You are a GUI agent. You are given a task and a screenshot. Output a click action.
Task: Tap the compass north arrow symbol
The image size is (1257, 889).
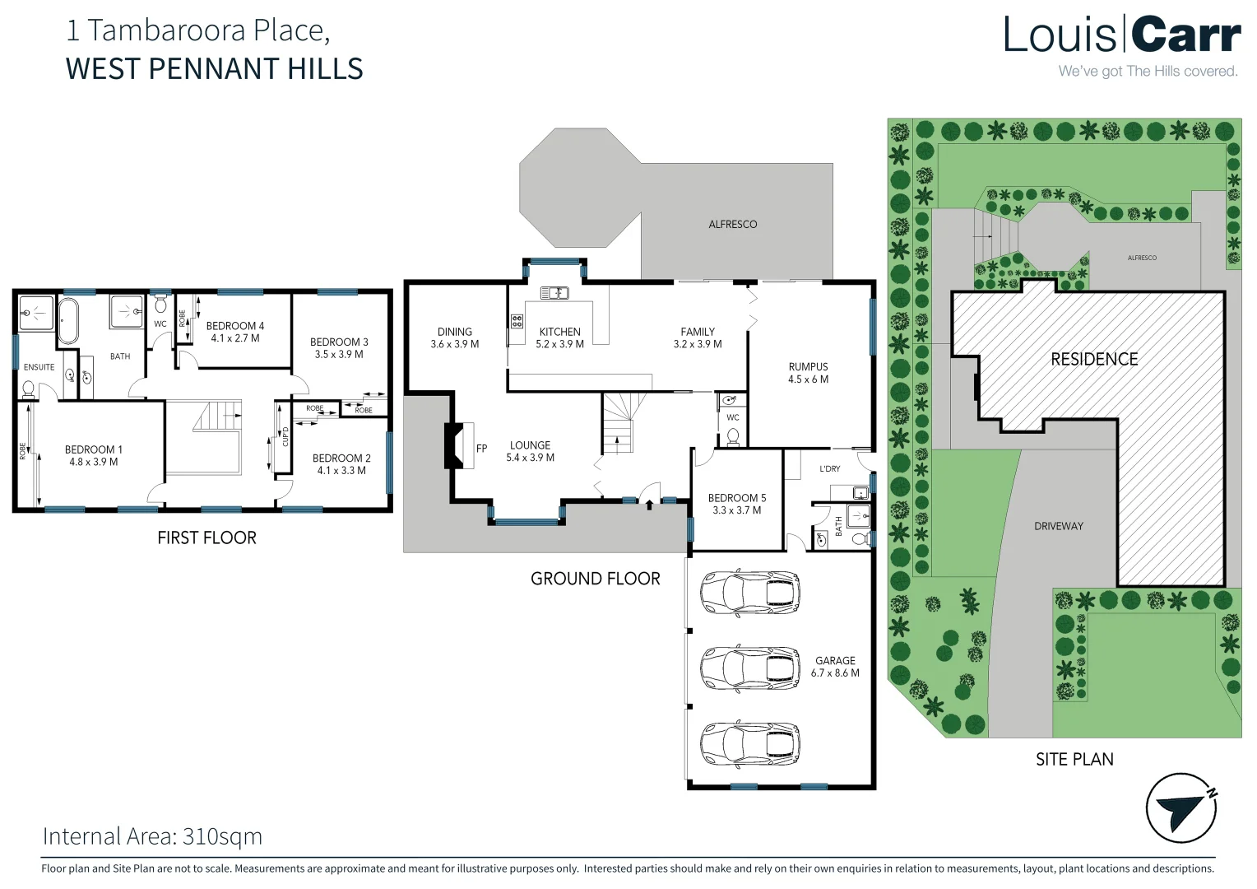pos(1180,808)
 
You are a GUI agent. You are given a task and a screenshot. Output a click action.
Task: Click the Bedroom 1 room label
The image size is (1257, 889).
pos(93,455)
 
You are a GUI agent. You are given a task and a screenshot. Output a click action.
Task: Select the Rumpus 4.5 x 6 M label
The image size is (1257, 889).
pos(808,373)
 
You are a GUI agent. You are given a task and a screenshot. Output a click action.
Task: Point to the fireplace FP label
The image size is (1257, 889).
pos(481,448)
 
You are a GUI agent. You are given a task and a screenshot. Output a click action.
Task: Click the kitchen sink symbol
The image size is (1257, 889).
pos(554,292)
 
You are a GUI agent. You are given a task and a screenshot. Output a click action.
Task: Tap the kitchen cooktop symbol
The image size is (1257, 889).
pos(517,321)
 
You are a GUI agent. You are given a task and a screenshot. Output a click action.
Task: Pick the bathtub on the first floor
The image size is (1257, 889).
pos(68,321)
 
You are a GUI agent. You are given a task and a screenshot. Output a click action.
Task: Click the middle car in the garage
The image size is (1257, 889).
pos(749,668)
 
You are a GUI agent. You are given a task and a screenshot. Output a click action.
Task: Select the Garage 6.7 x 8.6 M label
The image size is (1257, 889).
pos(835,667)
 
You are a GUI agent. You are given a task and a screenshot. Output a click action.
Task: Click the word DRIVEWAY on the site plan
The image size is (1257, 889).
pos(1059,526)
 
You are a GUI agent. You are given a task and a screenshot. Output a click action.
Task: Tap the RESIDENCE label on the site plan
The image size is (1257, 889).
pos(1094,359)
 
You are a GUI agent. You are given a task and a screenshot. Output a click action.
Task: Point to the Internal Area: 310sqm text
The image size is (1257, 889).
pos(153,836)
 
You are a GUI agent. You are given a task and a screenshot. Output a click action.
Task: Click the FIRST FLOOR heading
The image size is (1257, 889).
pos(206,538)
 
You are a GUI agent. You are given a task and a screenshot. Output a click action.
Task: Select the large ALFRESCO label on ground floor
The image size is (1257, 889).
pos(732,224)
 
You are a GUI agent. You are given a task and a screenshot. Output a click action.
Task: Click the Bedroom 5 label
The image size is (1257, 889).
pos(737,504)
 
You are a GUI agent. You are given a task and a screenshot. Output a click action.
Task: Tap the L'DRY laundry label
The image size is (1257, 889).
pos(829,468)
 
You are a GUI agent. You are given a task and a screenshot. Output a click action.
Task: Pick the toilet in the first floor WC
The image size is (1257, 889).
pos(160,304)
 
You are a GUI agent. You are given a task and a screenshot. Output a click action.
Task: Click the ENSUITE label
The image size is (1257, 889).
pos(39,367)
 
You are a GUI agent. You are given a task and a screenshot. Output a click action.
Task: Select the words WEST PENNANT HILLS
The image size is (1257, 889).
pos(215,68)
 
